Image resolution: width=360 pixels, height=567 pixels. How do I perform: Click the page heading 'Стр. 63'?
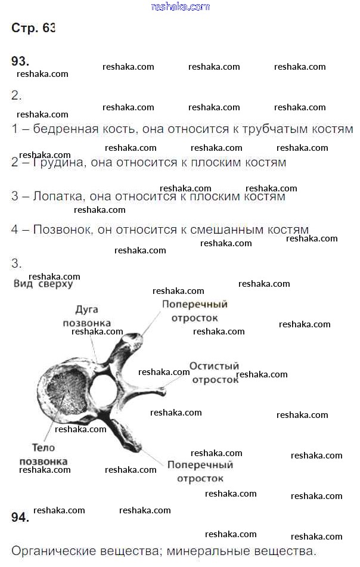coord(33,29)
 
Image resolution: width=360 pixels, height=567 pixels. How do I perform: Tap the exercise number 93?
coord(20,61)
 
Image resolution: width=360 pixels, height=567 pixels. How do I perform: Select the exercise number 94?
coord(20,517)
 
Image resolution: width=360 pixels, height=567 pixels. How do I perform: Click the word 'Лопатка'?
coord(55,196)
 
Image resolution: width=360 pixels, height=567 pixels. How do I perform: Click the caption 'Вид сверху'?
coord(43,284)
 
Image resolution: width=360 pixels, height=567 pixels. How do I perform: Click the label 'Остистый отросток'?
coord(215,373)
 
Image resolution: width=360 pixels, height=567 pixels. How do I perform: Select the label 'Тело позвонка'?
coord(44,454)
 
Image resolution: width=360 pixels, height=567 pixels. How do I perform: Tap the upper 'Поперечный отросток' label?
coord(195,311)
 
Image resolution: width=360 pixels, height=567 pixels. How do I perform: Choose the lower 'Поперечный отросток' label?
coord(200,471)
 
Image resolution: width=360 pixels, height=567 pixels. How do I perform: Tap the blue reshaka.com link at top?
coord(181,7)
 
